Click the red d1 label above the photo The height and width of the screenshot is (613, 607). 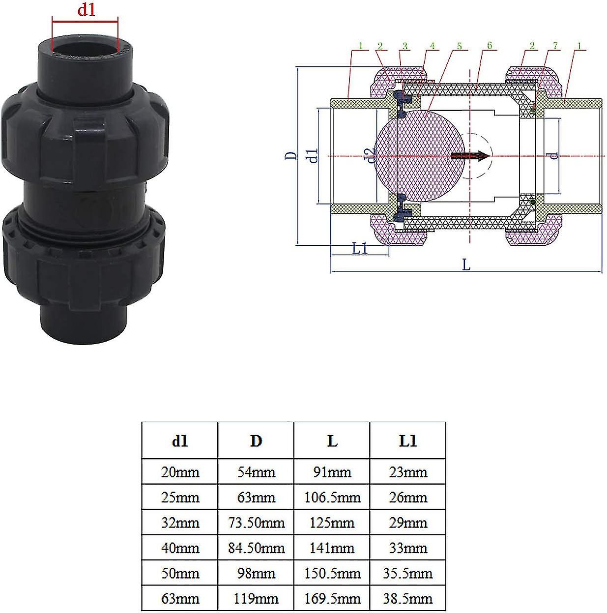coord(86,10)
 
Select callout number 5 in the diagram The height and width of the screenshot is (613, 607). coord(459,46)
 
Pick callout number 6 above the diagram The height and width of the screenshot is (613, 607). coord(490,46)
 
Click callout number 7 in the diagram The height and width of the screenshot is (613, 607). coord(555,46)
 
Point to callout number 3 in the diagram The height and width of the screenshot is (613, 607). coord(405,46)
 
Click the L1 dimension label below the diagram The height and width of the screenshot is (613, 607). coord(360,248)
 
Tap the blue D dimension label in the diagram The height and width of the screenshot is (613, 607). coord(291,155)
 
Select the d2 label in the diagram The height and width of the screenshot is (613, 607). coord(371,156)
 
